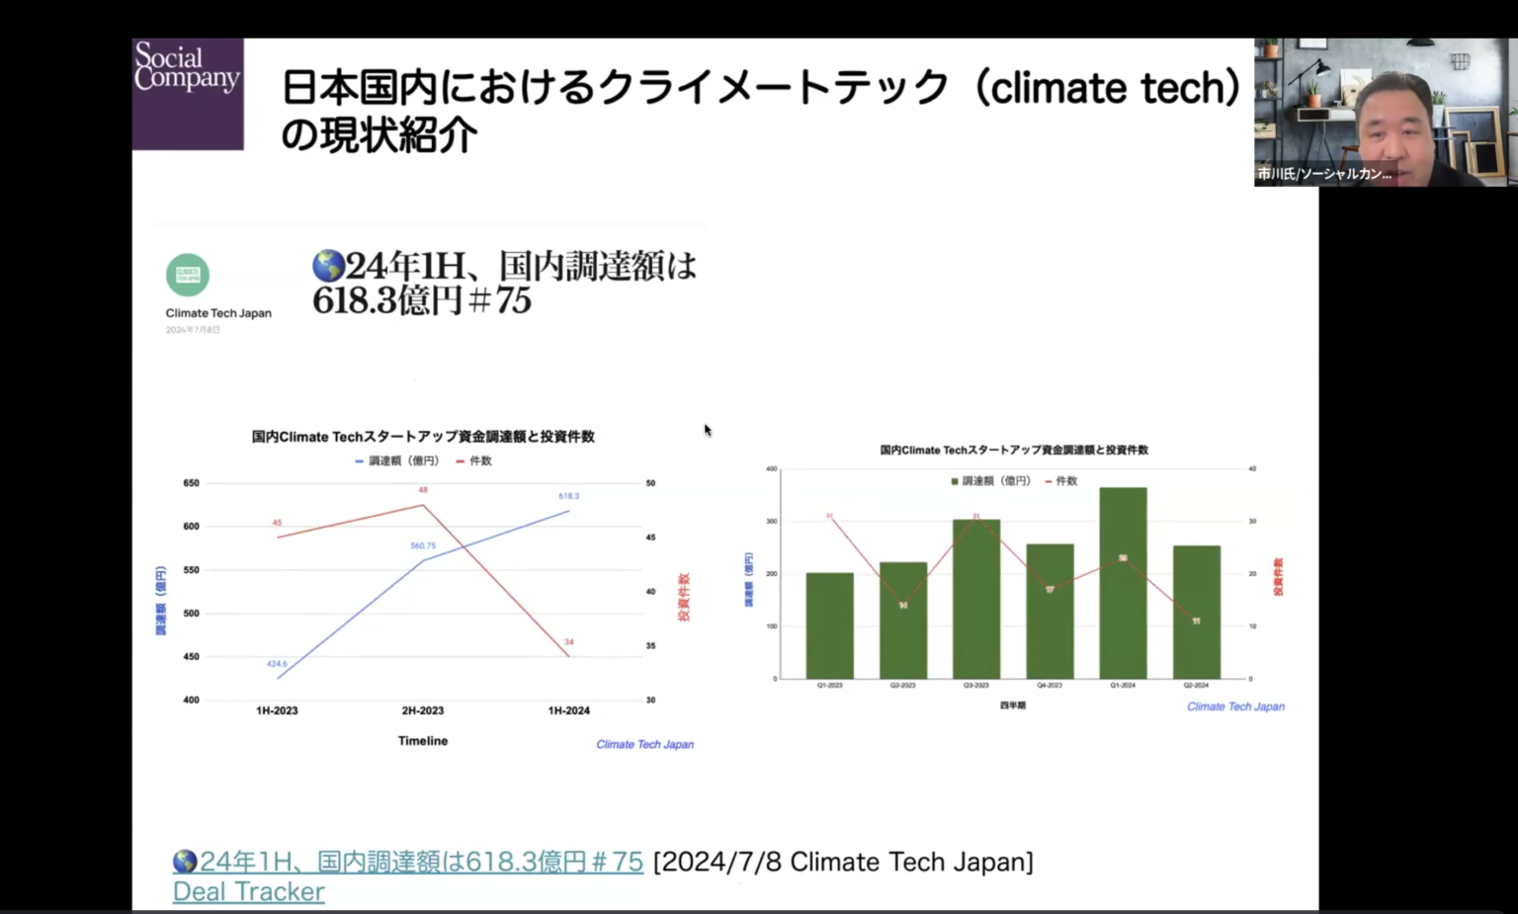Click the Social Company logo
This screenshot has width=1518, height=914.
pos(188,93)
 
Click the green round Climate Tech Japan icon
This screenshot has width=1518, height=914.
pos(188,275)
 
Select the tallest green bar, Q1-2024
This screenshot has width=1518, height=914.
pos(1123,583)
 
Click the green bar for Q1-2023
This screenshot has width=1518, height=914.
pos(829,625)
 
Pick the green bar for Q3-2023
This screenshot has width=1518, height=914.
pos(976,599)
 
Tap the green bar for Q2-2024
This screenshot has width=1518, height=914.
pos(1196,612)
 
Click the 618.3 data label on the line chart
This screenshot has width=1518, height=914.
pos(568,496)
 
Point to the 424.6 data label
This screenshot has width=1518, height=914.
pos(277,664)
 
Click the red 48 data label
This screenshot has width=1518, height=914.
pos(423,490)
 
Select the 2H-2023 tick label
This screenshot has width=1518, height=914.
pos(423,710)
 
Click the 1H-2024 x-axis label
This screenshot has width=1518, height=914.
pos(568,710)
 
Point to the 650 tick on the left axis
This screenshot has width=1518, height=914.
pos(191,483)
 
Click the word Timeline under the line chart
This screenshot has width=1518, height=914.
pos(423,741)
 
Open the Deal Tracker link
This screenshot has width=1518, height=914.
pos(249,891)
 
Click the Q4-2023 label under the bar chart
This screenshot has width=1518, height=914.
pos(1050,685)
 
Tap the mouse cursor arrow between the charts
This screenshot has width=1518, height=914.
pos(708,430)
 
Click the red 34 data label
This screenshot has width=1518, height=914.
pos(568,642)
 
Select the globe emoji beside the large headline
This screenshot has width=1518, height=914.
pos(328,266)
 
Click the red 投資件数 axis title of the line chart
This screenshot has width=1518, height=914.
pos(683,597)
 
